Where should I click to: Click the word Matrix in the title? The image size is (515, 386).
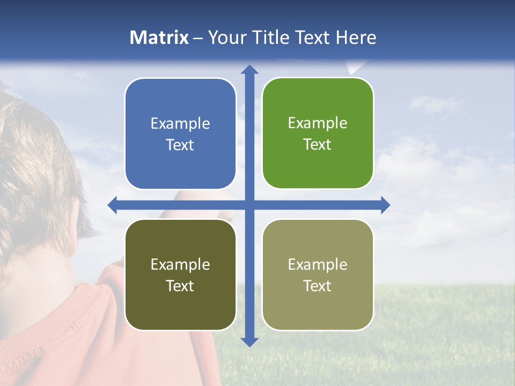(x=159, y=38)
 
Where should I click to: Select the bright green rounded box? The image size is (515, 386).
(x=318, y=166)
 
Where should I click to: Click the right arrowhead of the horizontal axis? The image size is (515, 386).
(x=385, y=205)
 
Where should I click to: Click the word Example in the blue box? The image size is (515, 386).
(x=180, y=123)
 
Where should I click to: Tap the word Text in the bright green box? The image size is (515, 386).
(x=318, y=145)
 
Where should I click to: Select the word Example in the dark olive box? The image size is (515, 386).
(x=180, y=264)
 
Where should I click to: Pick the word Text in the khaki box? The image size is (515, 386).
(x=318, y=286)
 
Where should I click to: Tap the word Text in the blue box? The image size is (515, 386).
(x=180, y=145)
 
